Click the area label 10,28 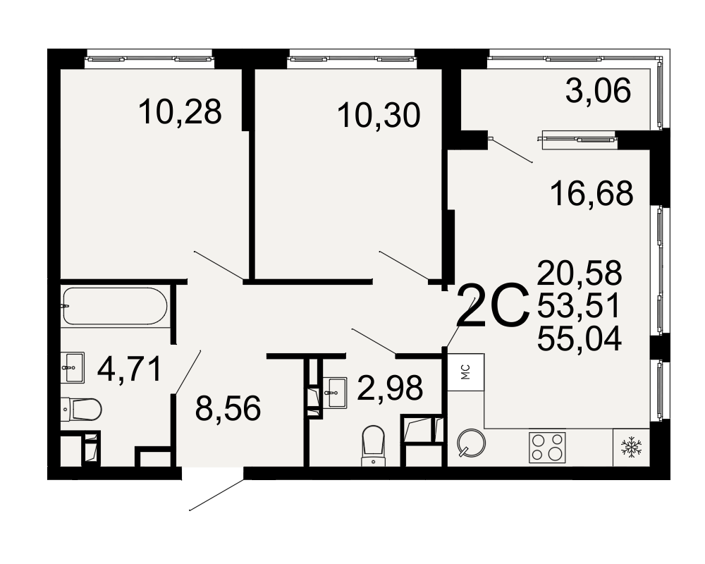180,111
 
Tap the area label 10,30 379,115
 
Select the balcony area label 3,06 598,90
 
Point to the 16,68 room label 591,193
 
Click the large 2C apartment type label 493,306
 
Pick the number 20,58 580,273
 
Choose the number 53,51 579,305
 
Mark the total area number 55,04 580,338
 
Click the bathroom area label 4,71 130,369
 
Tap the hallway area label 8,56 228,408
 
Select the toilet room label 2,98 390,387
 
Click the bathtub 115,306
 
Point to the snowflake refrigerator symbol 631,447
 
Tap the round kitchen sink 471,443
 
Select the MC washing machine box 466,372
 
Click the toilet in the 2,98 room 373,446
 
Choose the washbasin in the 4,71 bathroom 73,367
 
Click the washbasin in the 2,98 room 334,393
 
